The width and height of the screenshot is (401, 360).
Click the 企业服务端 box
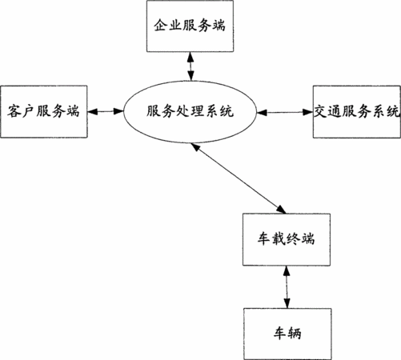[190, 26]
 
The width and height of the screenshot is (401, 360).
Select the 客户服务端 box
[44, 111]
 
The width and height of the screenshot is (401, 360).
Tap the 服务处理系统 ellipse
[190, 112]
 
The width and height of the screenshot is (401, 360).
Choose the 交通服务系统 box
[357, 112]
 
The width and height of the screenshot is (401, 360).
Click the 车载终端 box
[287, 239]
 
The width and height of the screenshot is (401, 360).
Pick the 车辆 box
[287, 334]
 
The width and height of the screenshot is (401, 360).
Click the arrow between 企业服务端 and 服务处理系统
[190, 66]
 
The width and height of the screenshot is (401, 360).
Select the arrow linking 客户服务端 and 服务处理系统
[106, 111]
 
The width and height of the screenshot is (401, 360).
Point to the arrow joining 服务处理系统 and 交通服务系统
[285, 112]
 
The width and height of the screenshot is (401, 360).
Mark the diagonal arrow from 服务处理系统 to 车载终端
[239, 178]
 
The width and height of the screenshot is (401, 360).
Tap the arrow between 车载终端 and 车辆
[287, 287]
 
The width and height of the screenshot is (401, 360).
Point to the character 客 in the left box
[14, 111]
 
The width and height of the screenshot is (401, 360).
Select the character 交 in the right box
[320, 111]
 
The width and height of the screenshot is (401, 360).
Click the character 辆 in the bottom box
[295, 334]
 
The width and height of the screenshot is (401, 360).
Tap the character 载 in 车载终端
[279, 238]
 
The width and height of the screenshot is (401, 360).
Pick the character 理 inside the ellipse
[197, 111]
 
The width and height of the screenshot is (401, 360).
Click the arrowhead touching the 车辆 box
[287, 304]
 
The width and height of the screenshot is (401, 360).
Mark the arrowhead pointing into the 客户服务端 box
[92, 111]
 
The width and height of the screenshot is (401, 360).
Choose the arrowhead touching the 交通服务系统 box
[308, 112]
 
